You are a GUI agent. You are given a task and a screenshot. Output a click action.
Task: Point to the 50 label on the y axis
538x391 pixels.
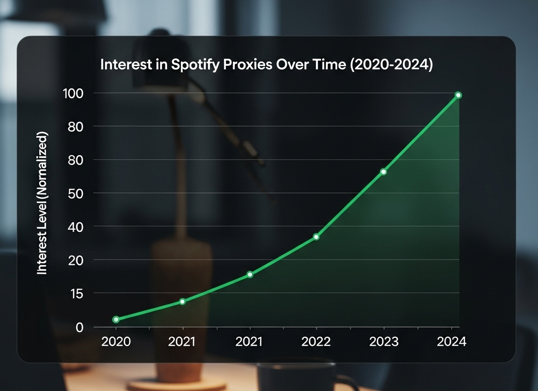pos(76,193)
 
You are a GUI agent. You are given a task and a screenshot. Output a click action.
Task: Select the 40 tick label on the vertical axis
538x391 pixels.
pos(76,227)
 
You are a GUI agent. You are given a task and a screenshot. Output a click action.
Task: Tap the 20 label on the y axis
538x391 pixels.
pos(76,260)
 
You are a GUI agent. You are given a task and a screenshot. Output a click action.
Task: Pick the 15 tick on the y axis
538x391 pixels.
pos(76,293)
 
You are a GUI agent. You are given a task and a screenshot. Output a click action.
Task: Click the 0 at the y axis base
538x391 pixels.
pos(79,327)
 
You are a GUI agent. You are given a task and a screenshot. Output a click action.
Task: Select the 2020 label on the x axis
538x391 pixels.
pos(116,342)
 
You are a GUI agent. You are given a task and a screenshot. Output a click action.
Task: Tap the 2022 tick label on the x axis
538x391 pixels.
pos(316,342)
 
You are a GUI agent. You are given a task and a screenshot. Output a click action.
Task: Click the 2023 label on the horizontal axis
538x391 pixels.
pos(384,342)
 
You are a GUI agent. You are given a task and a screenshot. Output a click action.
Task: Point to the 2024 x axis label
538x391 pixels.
pos(451,342)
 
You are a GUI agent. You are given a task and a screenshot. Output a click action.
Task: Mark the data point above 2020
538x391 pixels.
pos(116,320)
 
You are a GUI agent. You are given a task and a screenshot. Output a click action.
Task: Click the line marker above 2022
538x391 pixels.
pos(316,237)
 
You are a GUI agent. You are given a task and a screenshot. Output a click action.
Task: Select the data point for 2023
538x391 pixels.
pos(384,172)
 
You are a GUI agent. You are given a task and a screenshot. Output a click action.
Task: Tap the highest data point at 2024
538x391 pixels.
pos(458,95)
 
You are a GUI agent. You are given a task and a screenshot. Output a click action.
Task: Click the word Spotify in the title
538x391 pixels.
pos(193,66)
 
